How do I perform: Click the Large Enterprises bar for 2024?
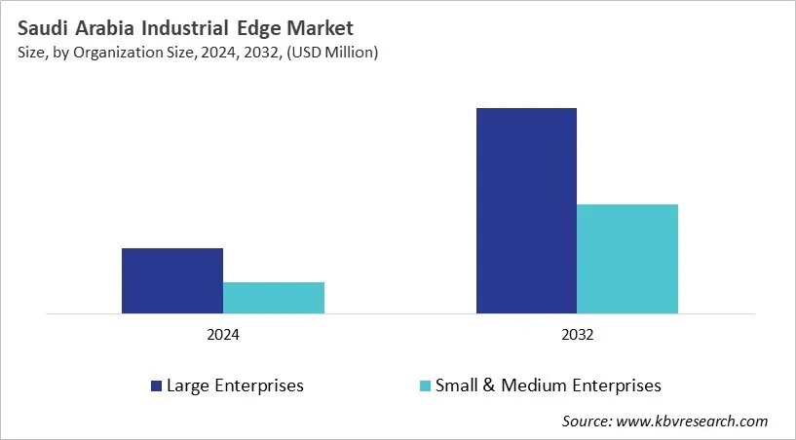[x=172, y=280]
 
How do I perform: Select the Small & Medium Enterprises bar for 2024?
[x=274, y=298]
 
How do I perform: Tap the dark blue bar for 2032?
[x=526, y=210]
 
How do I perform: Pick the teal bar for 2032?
[x=627, y=259]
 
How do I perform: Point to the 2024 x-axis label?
[x=223, y=334]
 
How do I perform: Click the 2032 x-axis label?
[x=577, y=334]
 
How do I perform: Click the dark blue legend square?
[x=156, y=386]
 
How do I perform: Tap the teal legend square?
[x=425, y=386]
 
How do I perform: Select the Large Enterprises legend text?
[x=235, y=385]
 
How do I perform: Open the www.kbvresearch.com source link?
[x=691, y=422]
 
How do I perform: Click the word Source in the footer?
[x=586, y=422]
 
